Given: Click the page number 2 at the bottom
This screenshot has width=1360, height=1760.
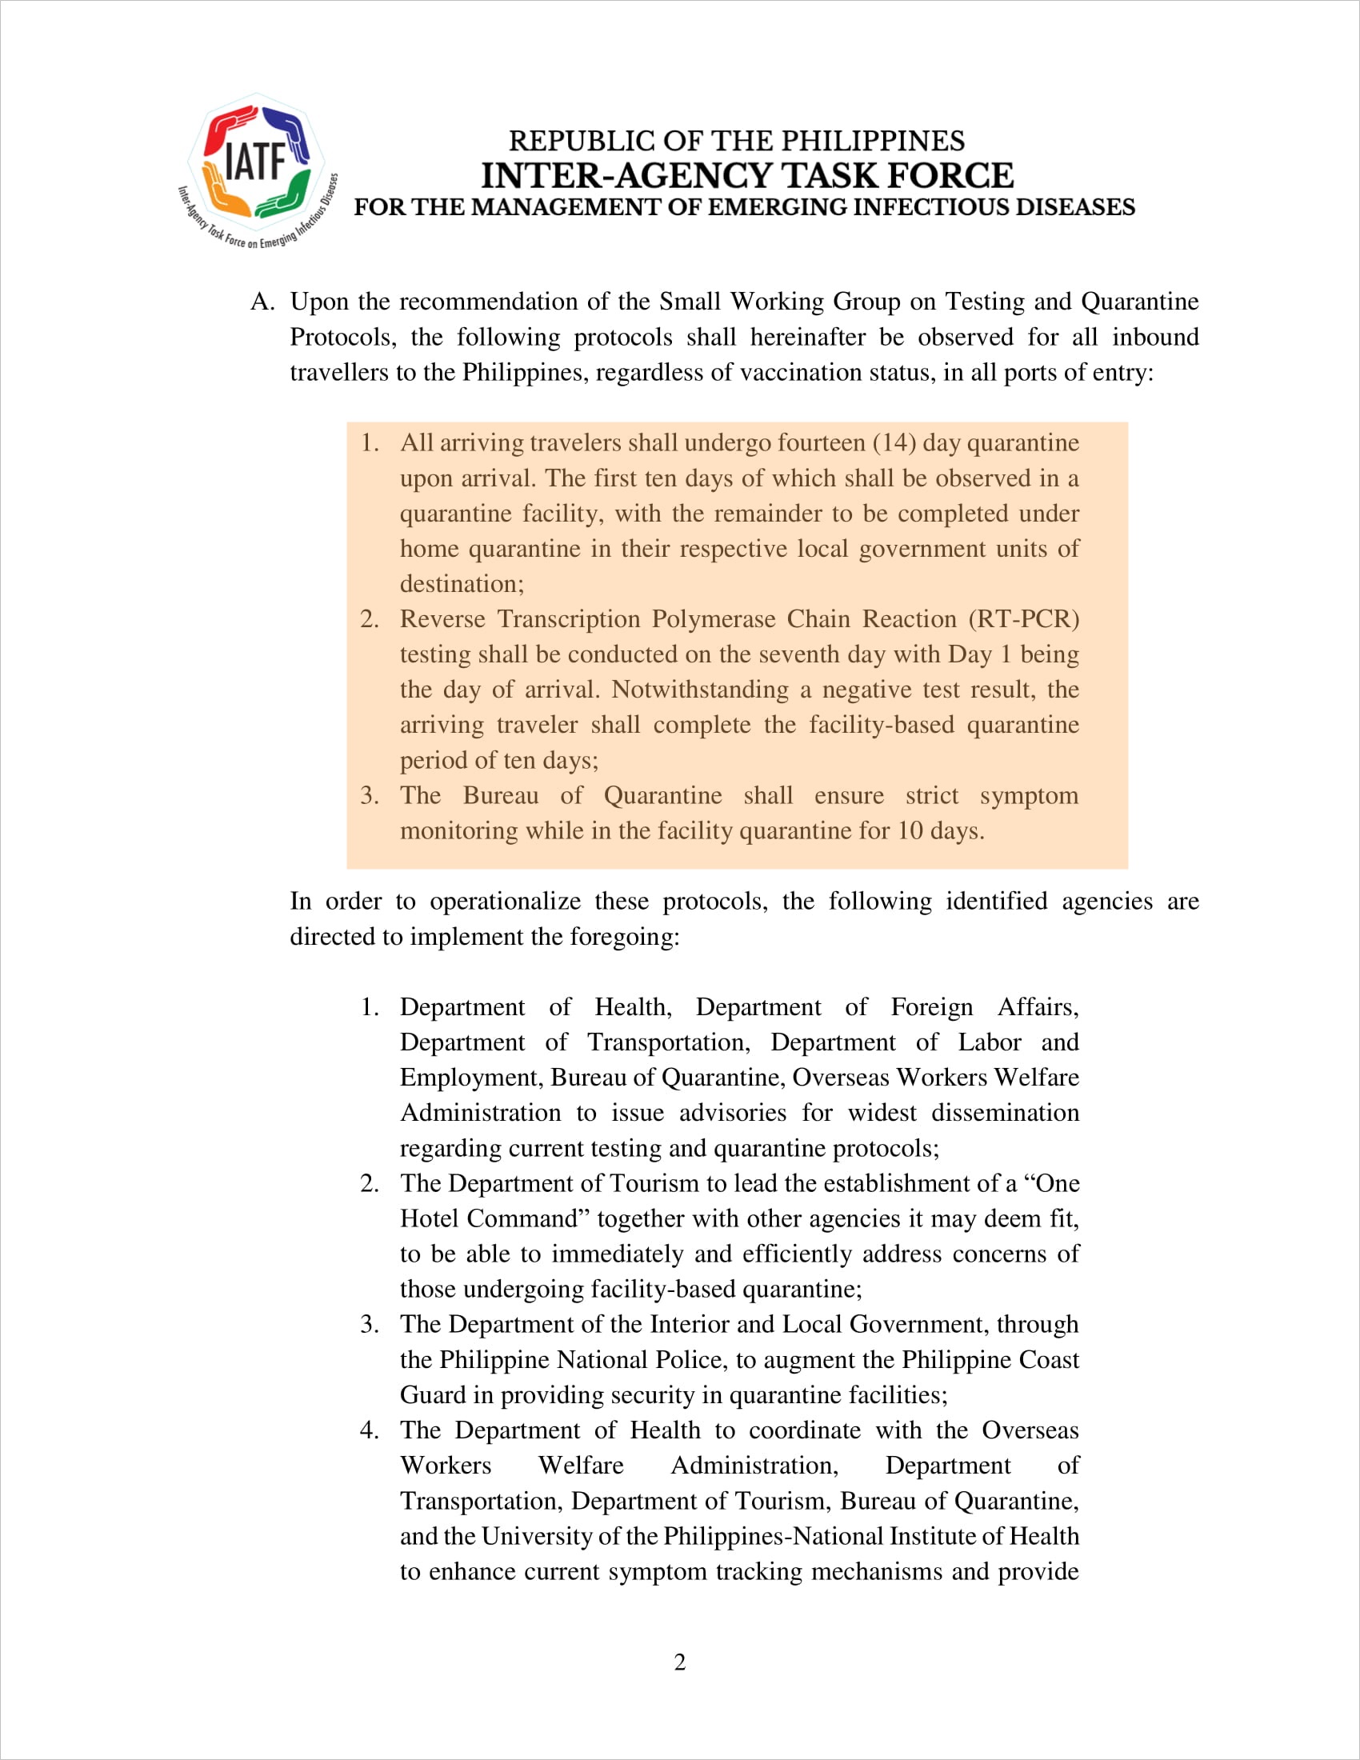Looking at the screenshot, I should tap(680, 1662).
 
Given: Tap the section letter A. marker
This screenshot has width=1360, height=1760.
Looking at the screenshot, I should tap(262, 302).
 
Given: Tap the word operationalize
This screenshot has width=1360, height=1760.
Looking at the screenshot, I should tap(505, 901).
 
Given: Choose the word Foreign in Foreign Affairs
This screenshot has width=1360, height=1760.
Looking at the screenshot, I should tap(931, 1007).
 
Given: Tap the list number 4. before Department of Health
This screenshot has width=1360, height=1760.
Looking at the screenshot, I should tap(369, 1430).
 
